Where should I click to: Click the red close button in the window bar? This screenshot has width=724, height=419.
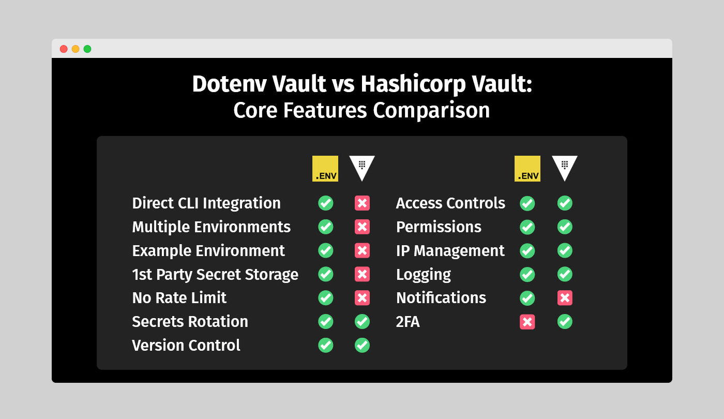[64, 49]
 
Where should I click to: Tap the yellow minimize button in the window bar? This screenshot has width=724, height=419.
[76, 49]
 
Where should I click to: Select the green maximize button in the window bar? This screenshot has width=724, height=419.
[87, 49]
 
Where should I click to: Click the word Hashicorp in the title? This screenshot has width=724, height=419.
[413, 84]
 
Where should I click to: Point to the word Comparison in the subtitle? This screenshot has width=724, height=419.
[431, 111]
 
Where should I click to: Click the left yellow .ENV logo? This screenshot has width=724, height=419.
[325, 169]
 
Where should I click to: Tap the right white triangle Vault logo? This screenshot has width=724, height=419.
[565, 168]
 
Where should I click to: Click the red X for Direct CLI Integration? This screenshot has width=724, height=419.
[363, 203]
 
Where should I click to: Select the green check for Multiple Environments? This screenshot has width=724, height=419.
[325, 227]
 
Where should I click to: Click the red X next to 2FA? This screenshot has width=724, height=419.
[527, 322]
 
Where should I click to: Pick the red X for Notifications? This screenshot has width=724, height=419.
[565, 298]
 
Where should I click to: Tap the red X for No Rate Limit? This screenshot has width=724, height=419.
[363, 298]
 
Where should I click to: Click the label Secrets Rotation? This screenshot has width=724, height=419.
[190, 322]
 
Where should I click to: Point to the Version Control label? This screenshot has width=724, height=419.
[186, 346]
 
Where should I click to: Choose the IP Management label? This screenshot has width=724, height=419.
[450, 251]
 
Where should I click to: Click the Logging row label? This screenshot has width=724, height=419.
[424, 275]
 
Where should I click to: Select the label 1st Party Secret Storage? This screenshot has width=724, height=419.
[215, 275]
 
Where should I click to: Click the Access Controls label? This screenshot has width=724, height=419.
[450, 203]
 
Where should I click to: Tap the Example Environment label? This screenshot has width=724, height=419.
[208, 250]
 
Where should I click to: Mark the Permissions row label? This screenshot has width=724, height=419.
[439, 227]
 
